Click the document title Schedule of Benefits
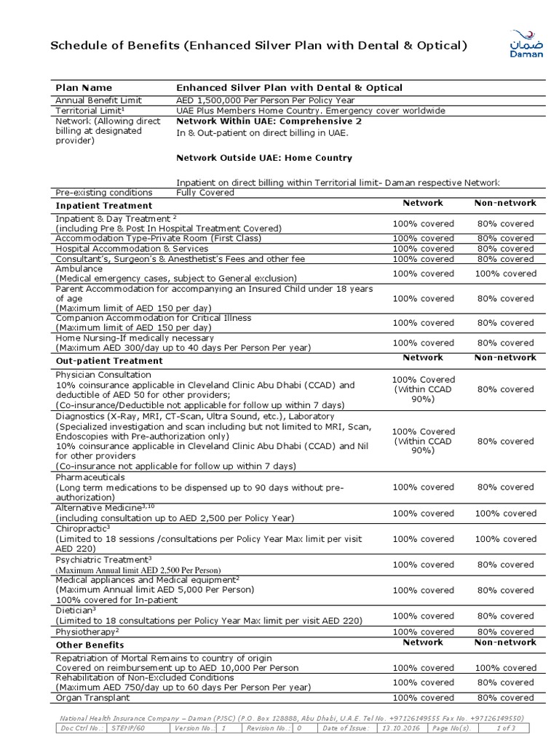click(258, 47)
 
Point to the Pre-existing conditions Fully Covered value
click(205, 193)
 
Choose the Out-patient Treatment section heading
click(109, 361)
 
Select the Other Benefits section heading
click(90, 645)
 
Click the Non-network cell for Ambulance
click(505, 274)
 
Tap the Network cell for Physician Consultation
click(423, 389)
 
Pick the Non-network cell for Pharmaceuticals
click(505, 487)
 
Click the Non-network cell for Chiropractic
click(505, 539)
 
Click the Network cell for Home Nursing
click(423, 343)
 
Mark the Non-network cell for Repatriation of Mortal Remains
click(505, 668)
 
